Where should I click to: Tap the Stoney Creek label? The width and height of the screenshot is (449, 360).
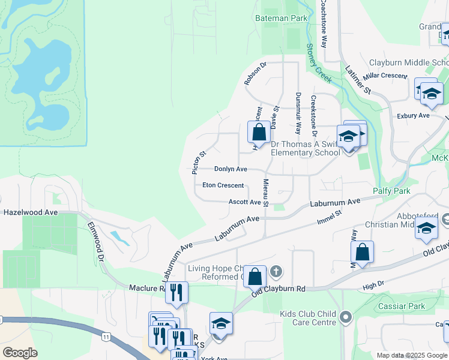(319, 63)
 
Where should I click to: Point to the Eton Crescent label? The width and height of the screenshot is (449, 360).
(223, 186)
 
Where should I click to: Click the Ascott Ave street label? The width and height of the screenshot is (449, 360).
(245, 202)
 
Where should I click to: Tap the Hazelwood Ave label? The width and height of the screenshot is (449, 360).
(31, 212)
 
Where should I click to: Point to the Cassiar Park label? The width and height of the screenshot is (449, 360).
(402, 307)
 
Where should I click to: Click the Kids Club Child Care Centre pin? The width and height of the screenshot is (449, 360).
(345, 317)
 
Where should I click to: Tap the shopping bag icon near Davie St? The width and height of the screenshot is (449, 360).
(259, 132)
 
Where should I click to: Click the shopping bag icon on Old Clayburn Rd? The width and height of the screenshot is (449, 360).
(255, 277)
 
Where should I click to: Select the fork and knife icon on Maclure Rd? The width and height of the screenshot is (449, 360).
(176, 292)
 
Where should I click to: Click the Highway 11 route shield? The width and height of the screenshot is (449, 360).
(106, 338)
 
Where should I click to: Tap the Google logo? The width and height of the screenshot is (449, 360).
(20, 352)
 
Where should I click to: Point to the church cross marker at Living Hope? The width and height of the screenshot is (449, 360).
(276, 272)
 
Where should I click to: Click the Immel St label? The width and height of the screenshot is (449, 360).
(330, 217)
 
